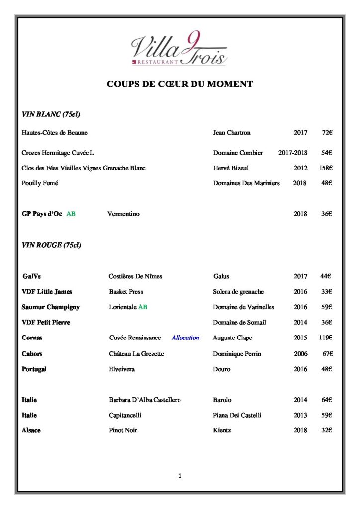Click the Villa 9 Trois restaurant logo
179,49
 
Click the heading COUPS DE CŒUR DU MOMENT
180,84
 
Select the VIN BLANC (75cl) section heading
51,114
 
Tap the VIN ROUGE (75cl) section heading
51,245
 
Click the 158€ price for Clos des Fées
326,168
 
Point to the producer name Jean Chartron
232,133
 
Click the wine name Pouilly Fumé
40,183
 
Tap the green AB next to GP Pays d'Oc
71,214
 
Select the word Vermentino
123,214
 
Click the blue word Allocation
185,338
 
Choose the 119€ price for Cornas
326,338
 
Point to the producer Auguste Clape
232,338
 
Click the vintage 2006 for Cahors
300,354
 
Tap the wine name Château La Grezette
136,354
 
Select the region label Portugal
34,369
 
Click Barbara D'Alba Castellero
145,400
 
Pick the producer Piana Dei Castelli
237,415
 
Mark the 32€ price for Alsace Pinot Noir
326,430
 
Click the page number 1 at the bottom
180,476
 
